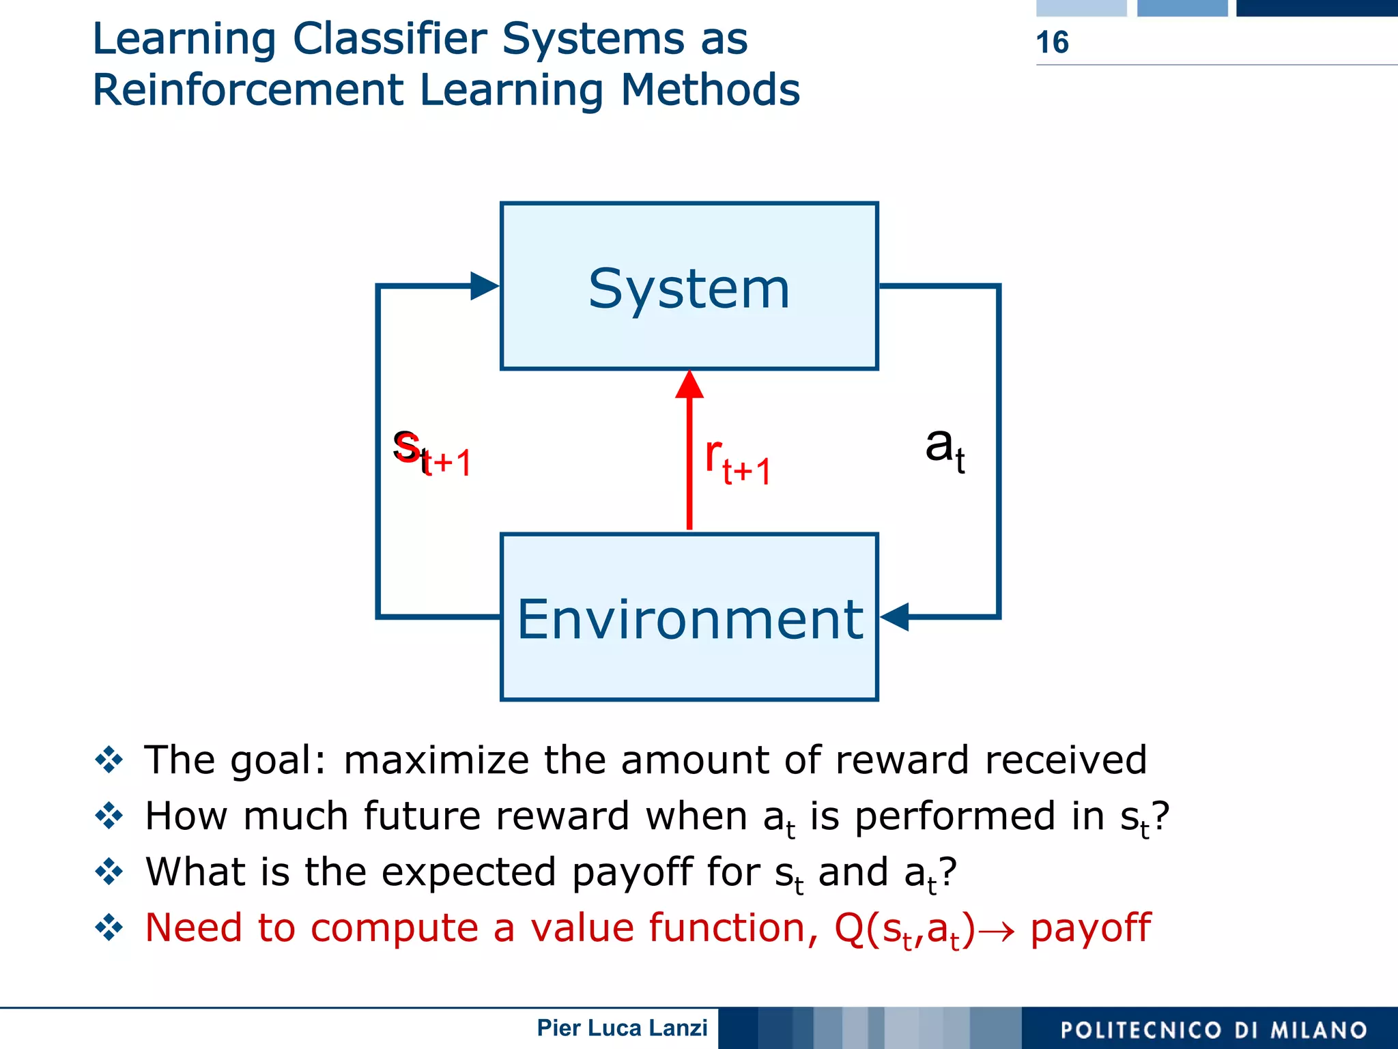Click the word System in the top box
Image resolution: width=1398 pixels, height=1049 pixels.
click(689, 289)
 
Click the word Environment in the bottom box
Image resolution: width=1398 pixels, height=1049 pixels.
click(689, 619)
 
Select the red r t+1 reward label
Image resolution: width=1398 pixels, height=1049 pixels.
click(737, 463)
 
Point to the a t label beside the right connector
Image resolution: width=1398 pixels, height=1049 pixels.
click(945, 448)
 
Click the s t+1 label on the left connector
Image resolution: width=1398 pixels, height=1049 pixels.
click(431, 453)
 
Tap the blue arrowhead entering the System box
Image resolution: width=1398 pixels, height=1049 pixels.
click(483, 286)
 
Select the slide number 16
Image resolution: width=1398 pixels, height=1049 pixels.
click(1052, 42)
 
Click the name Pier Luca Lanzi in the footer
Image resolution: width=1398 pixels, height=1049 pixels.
click(622, 1028)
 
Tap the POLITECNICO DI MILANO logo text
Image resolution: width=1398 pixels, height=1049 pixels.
click(1214, 1030)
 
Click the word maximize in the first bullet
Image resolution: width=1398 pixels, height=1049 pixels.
click(436, 760)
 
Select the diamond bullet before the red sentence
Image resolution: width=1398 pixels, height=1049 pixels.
click(109, 928)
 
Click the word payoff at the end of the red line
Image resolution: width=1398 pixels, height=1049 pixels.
click(1090, 929)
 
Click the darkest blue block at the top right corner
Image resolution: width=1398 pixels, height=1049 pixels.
click(1316, 8)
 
